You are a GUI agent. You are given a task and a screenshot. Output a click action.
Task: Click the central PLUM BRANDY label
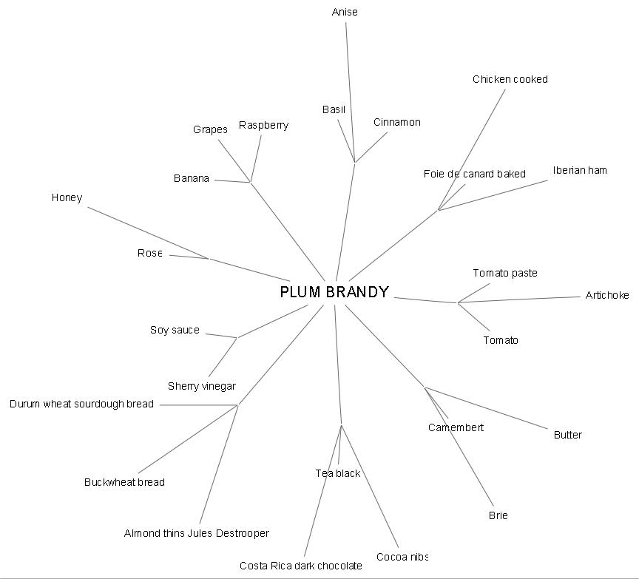coord(334,292)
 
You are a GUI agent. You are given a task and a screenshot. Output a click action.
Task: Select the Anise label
coord(345,12)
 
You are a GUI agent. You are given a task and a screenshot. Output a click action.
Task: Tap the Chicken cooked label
coord(510,79)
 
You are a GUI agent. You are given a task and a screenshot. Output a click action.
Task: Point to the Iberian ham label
coord(580,170)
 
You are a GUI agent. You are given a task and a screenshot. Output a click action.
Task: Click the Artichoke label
coord(607,295)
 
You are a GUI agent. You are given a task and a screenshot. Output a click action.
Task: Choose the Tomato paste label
coord(505,273)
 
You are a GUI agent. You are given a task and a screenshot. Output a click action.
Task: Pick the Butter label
coord(568,435)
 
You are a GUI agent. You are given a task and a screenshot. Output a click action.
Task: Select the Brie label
coord(498,515)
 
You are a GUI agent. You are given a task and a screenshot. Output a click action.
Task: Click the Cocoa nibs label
coord(402,557)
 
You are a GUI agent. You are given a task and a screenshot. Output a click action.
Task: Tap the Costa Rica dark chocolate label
coord(301,566)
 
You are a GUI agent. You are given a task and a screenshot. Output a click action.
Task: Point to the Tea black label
coord(338,473)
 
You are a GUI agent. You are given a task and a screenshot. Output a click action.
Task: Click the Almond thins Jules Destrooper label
coord(197,533)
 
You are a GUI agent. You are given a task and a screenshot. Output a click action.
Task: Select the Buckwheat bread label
coord(124,482)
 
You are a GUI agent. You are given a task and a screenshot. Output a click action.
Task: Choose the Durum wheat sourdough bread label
coord(82,404)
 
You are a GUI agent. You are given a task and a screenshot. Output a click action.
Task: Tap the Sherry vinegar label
coord(202,386)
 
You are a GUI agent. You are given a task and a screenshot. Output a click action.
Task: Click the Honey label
coord(67,197)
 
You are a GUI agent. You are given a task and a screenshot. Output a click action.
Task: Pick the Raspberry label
coord(263,125)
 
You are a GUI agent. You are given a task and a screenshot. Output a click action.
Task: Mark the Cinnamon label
coord(397,122)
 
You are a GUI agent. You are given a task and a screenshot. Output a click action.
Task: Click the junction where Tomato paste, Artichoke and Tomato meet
coord(458,302)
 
